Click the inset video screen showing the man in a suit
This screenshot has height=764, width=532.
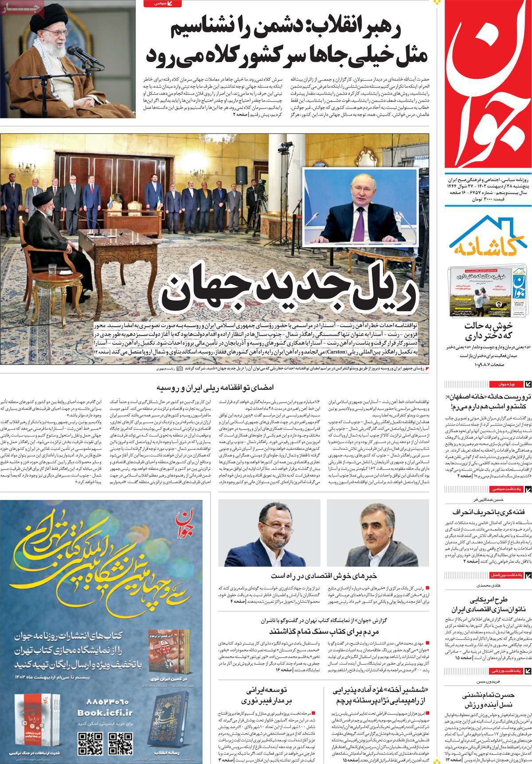360,207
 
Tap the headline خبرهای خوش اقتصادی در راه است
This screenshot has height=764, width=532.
323,576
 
